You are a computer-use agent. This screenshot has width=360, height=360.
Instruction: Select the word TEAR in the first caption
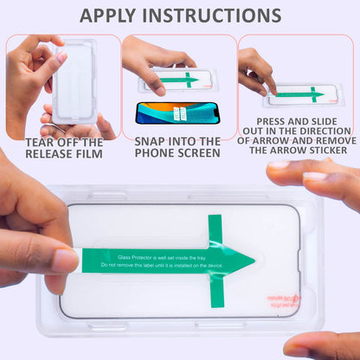42,142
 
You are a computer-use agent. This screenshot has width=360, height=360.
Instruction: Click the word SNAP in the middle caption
152,142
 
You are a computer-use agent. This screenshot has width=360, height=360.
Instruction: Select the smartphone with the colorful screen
177,112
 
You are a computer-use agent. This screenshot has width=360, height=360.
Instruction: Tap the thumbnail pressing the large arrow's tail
65,260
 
